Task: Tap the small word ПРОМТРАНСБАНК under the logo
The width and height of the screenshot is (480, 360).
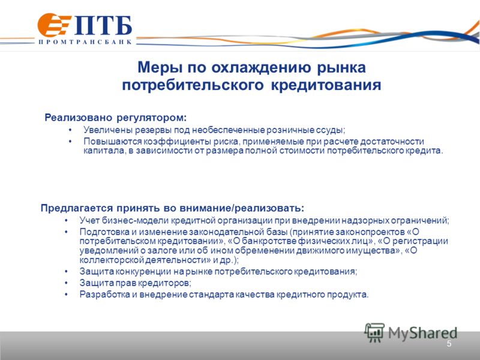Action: click(85, 42)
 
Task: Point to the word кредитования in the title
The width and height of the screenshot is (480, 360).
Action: click(326, 85)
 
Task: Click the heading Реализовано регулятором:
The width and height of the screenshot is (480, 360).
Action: click(115, 118)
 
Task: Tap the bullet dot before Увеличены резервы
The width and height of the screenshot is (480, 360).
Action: click(70, 130)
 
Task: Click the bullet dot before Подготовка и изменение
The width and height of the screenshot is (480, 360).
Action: click(66, 232)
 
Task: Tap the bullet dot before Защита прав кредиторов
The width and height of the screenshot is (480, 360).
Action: click(66, 283)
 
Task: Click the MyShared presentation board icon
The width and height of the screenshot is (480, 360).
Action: click(374, 332)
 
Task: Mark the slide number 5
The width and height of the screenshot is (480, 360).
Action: click(449, 344)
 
